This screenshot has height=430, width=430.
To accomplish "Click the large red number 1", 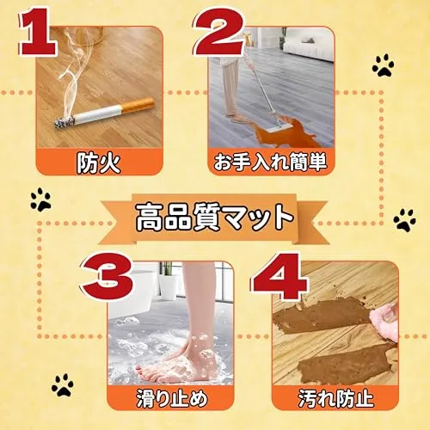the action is click(38, 32).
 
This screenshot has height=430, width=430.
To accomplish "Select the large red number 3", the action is click(108, 276).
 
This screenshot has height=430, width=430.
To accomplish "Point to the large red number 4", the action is click(279, 276).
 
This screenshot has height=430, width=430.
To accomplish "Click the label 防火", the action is click(98, 163).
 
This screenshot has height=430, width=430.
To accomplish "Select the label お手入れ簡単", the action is click(270, 163).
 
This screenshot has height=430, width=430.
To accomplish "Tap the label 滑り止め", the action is click(171, 398).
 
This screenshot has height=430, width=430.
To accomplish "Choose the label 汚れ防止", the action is click(335, 398).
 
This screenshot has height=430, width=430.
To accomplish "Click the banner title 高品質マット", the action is click(214, 218).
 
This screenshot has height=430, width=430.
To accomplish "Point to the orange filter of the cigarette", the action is click(138, 105).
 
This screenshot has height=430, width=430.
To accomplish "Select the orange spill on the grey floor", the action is click(282, 132).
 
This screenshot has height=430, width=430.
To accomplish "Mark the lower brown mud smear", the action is click(347, 365).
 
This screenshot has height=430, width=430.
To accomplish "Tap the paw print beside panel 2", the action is click(383, 65).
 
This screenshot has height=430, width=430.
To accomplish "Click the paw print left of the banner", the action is click(40, 200).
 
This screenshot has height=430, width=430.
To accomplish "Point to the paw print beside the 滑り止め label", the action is click(63, 384).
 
